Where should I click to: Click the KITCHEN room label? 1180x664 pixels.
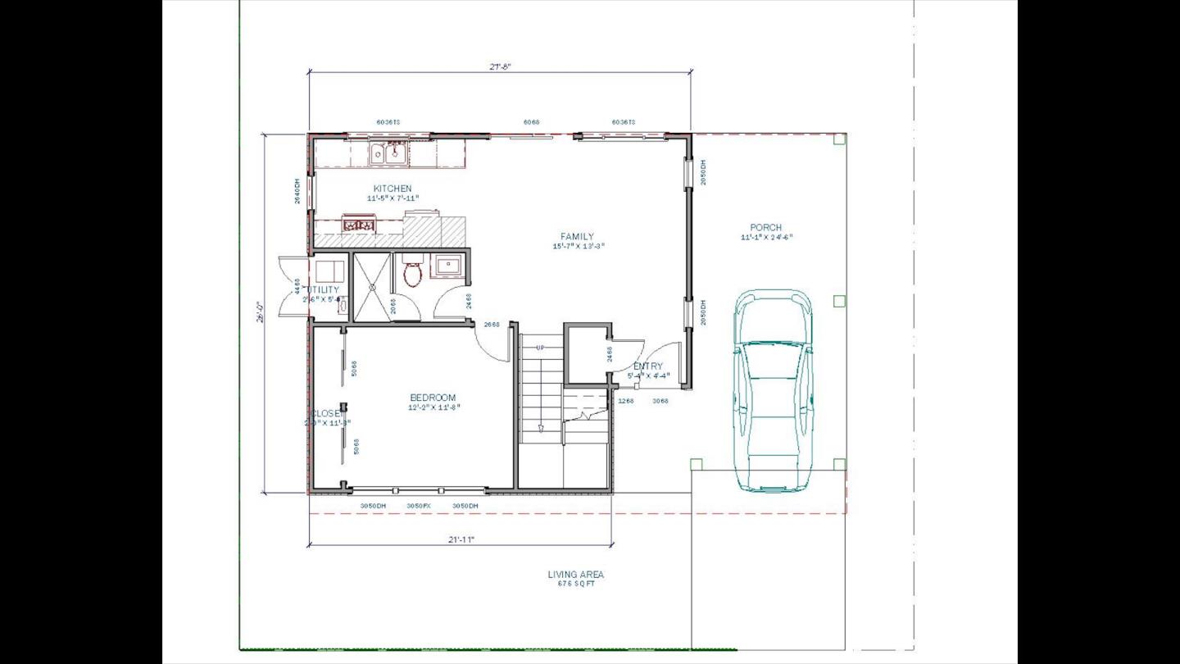393,189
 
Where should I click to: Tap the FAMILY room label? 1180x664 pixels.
578,237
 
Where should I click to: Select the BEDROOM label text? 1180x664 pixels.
433,398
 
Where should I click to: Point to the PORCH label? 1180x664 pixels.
766,228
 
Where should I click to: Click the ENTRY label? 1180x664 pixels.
648,366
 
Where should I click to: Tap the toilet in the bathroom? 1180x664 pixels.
412,273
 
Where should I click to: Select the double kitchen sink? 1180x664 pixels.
388,152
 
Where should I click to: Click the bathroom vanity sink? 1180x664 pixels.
448,266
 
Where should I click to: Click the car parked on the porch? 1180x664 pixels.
773,391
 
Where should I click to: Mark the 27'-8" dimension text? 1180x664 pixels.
501,67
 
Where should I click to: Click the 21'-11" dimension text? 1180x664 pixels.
461,539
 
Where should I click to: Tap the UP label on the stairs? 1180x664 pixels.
540,348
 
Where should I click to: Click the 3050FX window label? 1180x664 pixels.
419,506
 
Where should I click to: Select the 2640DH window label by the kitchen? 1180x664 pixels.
297,191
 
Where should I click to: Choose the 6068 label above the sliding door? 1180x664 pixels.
531,122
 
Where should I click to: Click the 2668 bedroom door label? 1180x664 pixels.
492,325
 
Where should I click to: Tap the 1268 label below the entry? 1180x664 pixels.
627,401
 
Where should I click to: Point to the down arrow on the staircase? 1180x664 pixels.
541,428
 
